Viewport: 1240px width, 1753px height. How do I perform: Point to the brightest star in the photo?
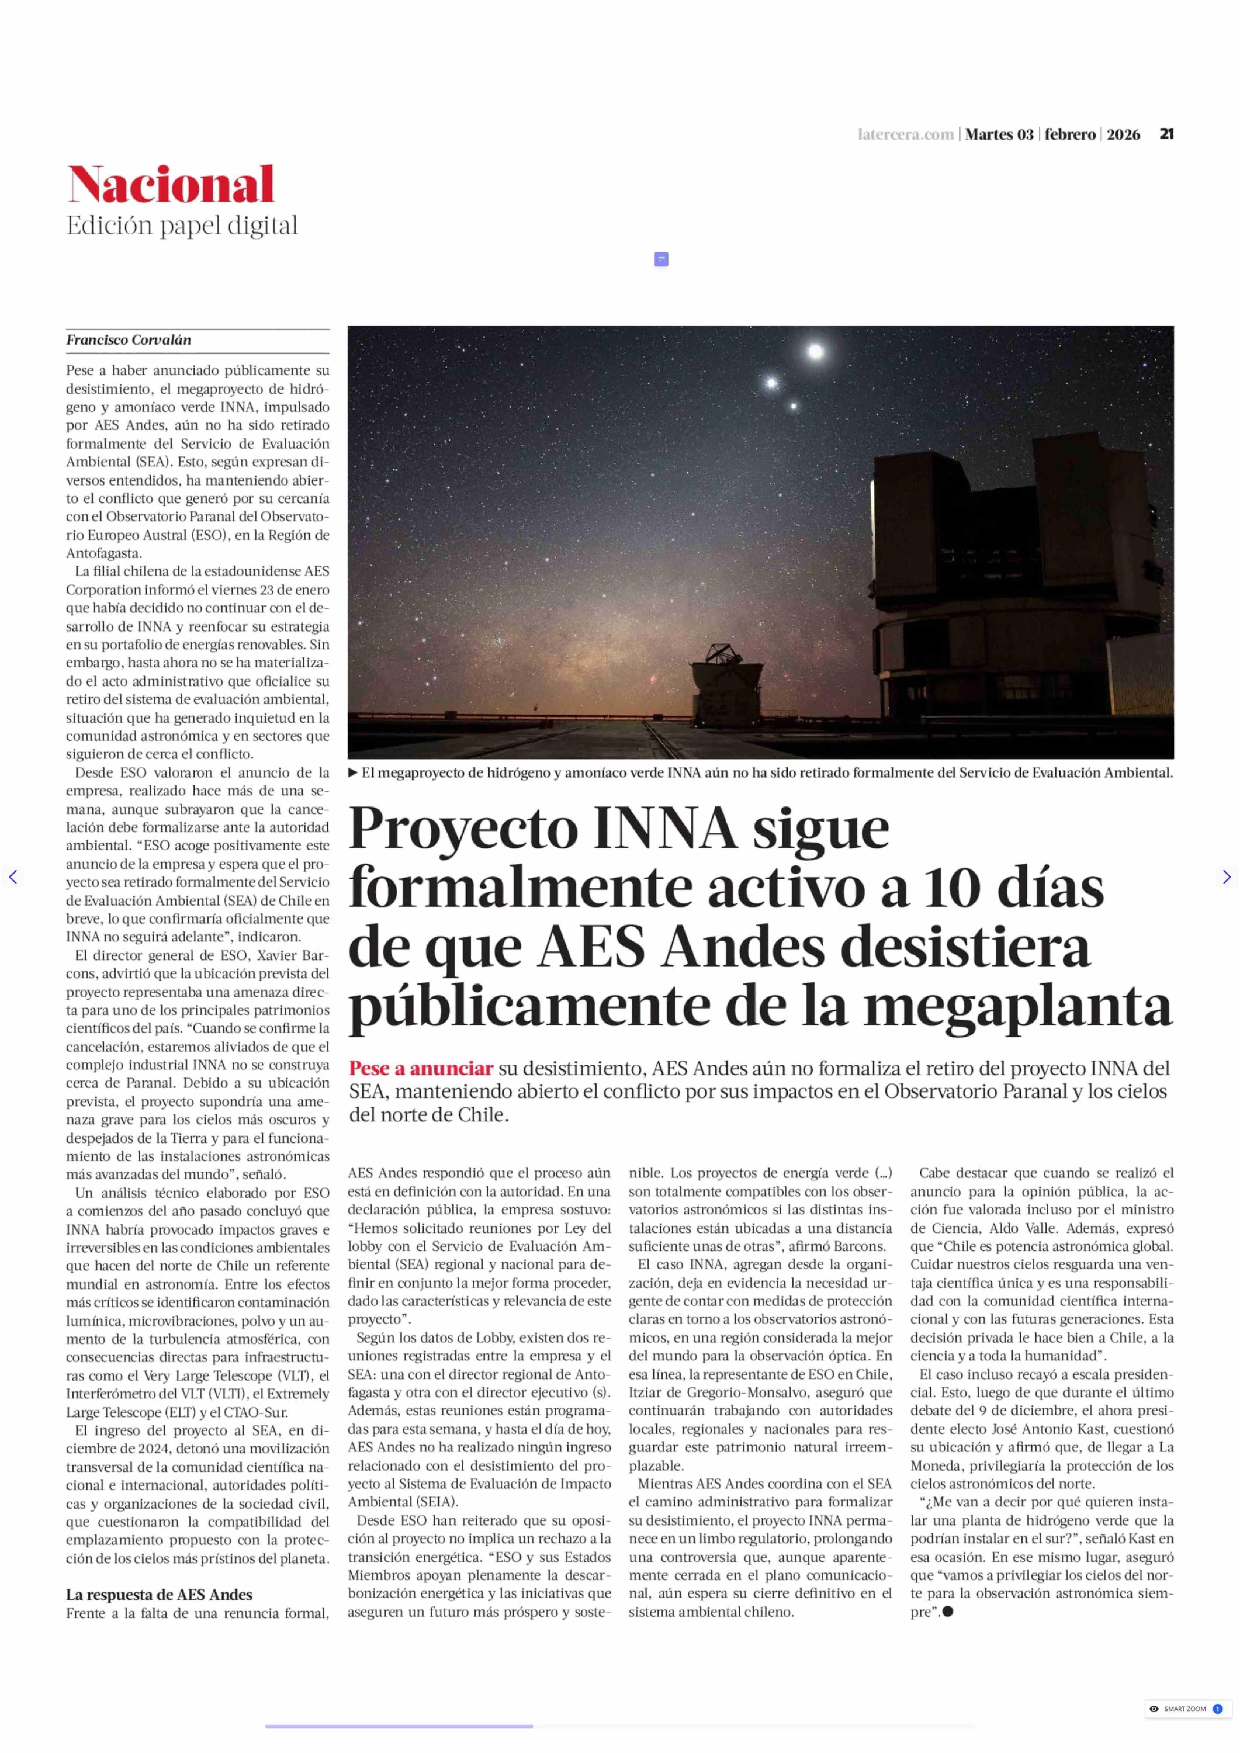(x=816, y=352)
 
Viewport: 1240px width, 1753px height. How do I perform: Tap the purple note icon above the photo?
(x=661, y=260)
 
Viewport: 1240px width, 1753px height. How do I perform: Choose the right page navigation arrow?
(x=1226, y=877)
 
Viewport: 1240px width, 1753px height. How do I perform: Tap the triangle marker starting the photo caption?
(x=353, y=773)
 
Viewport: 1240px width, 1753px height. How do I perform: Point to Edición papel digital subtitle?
(x=182, y=226)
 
